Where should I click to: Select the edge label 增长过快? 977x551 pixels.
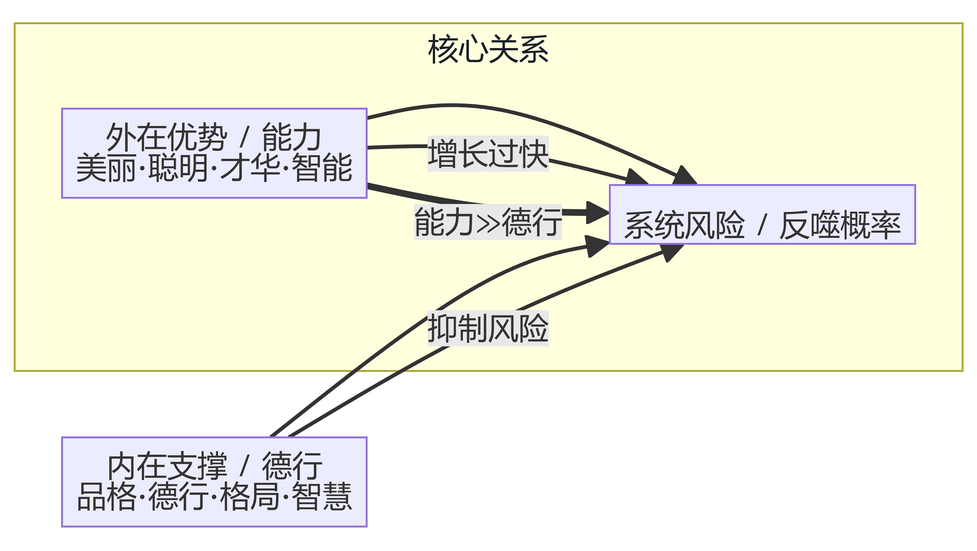click(488, 154)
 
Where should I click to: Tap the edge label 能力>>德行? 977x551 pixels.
click(488, 222)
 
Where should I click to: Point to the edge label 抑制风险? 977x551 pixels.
click(488, 328)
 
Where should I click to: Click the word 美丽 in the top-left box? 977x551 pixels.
click(106, 168)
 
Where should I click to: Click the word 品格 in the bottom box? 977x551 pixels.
click(106, 496)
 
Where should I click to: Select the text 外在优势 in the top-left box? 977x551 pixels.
click(166, 137)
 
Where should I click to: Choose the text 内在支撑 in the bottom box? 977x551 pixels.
click(167, 466)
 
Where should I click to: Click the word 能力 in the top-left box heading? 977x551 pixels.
click(291, 137)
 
